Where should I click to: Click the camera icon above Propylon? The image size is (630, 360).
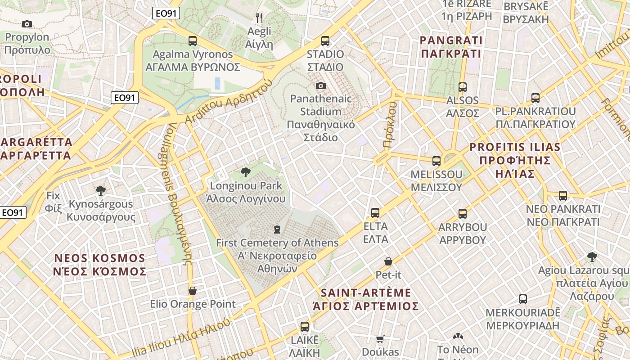click(x=27, y=24)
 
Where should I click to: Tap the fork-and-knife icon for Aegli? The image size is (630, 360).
click(x=259, y=18)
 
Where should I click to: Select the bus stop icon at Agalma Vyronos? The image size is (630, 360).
click(x=193, y=41)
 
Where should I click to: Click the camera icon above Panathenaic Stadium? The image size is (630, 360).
click(x=320, y=85)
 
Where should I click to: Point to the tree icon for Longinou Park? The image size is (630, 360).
click(x=246, y=172)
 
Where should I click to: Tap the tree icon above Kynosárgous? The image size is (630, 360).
click(x=101, y=190)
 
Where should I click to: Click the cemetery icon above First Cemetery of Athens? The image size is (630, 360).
click(x=277, y=229)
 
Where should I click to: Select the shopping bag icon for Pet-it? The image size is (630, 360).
click(x=388, y=261)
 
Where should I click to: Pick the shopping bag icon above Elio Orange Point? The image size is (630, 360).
click(x=193, y=291)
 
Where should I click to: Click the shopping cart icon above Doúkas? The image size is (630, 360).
click(x=380, y=339)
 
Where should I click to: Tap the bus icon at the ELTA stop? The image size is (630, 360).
click(x=375, y=213)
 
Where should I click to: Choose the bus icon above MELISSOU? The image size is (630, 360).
click(x=436, y=161)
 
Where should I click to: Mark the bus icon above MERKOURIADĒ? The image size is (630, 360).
click(x=522, y=299)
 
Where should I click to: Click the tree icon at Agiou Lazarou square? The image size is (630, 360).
click(x=592, y=257)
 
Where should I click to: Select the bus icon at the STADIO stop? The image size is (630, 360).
click(x=325, y=41)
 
